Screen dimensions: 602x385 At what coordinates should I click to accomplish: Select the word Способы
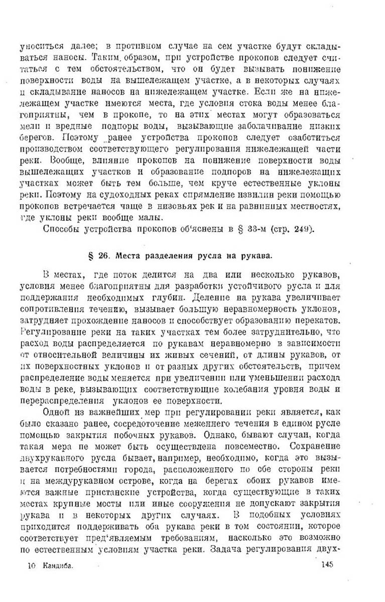pyautogui.click(x=62, y=230)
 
